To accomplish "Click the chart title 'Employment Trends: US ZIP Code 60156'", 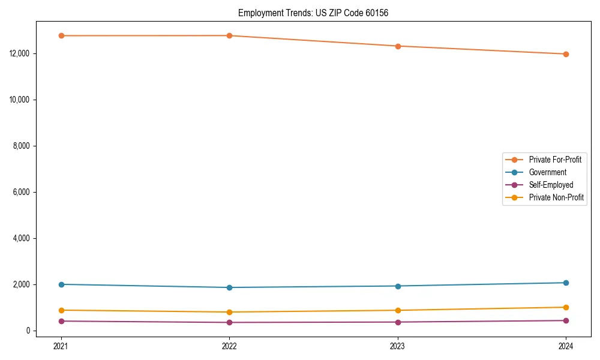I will tap(313, 13).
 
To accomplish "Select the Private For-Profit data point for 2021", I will tap(61, 36).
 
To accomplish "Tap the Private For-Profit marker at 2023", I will tap(398, 46).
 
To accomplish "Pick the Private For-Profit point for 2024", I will tap(566, 54).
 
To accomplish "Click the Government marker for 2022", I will tap(229, 287).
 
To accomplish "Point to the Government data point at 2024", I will tap(566, 283).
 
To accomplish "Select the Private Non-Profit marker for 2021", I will tap(61, 310).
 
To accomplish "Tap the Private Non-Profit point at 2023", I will tap(398, 310).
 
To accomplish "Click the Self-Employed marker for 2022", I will tap(229, 322).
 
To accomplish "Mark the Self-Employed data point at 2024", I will tap(566, 320).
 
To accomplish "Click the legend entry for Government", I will tap(547, 172).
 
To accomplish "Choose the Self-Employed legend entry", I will tap(551, 185).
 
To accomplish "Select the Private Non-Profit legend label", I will tap(556, 197).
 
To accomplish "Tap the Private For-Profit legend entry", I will tap(554, 160).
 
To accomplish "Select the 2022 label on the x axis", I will tap(229, 346).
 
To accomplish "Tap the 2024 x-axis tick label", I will tap(566, 346).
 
